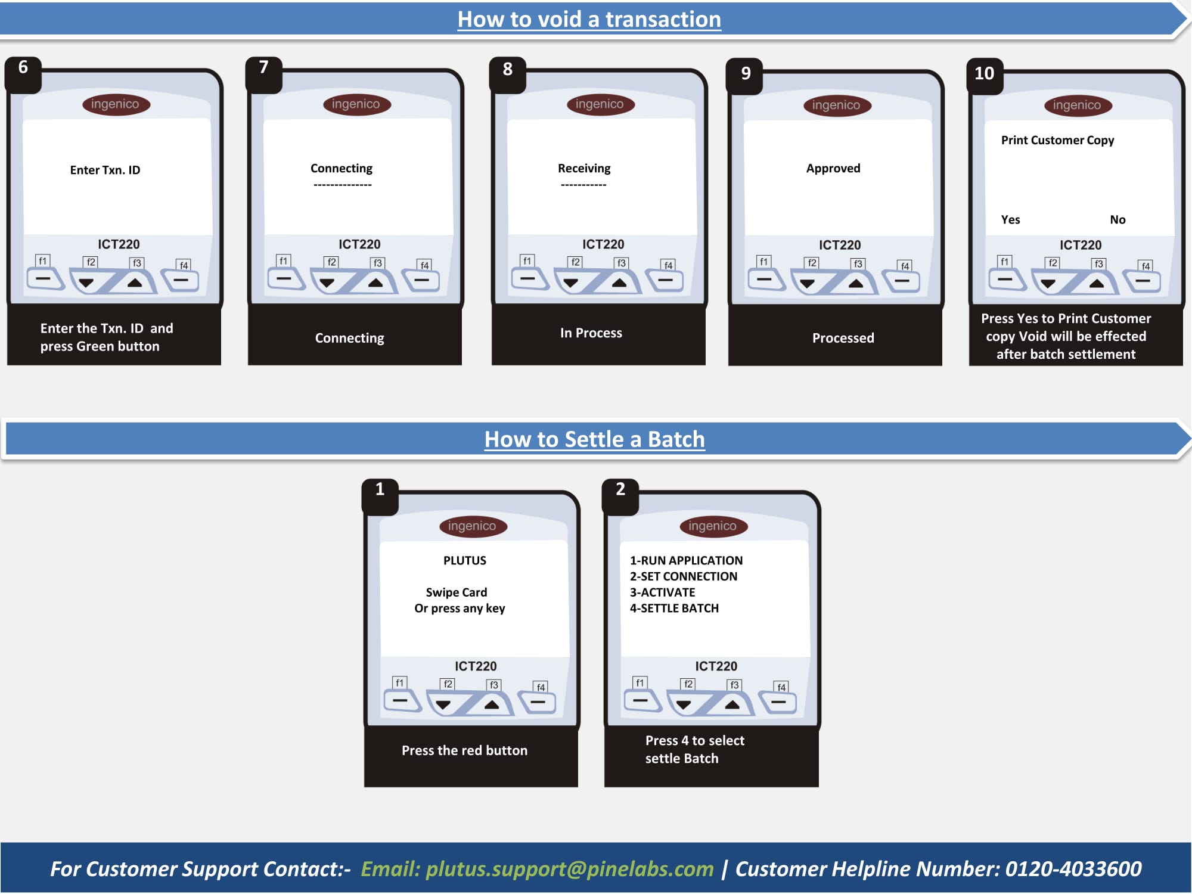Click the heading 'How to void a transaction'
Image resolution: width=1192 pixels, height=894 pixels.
click(589, 20)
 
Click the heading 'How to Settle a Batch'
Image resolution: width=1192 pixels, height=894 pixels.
click(594, 439)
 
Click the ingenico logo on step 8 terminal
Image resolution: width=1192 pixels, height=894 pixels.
click(600, 104)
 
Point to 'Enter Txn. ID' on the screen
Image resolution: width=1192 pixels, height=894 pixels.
click(105, 170)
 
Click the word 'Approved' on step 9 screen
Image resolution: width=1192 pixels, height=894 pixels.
click(833, 168)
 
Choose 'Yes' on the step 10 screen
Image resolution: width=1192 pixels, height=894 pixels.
click(1010, 219)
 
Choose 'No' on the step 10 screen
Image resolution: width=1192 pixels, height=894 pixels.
click(1117, 219)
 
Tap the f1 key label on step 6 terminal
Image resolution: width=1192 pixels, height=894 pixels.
click(43, 261)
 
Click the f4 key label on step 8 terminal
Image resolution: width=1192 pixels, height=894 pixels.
click(668, 265)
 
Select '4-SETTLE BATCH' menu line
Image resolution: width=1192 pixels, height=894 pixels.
click(674, 608)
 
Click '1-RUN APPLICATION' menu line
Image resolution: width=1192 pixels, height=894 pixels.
click(686, 560)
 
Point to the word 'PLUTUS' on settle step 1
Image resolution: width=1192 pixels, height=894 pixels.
click(464, 560)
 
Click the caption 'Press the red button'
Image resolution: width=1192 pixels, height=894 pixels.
click(464, 750)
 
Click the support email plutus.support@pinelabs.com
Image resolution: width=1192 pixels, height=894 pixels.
click(570, 869)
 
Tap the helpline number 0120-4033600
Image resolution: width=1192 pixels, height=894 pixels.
click(1073, 869)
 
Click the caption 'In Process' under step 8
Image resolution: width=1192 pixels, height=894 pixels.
click(591, 333)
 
